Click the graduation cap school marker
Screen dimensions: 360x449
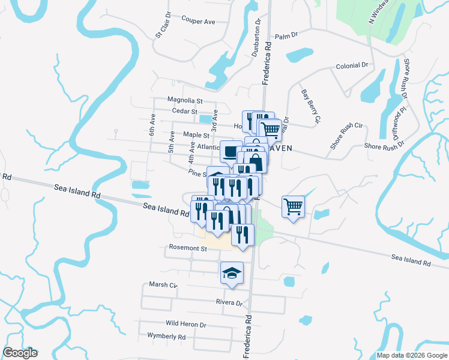point(232,274)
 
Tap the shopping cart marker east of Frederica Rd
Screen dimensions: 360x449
point(294,207)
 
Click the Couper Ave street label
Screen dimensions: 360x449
point(197,22)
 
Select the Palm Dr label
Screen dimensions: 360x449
point(286,37)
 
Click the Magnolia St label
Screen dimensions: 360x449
point(185,101)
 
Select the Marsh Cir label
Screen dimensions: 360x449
point(163,285)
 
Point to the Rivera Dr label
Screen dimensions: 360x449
point(229,303)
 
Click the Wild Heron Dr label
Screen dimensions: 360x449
point(185,324)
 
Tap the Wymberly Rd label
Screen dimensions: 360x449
point(166,337)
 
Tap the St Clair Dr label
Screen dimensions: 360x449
point(163,25)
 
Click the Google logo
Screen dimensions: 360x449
point(20,353)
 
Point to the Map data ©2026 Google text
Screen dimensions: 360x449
point(412,355)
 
